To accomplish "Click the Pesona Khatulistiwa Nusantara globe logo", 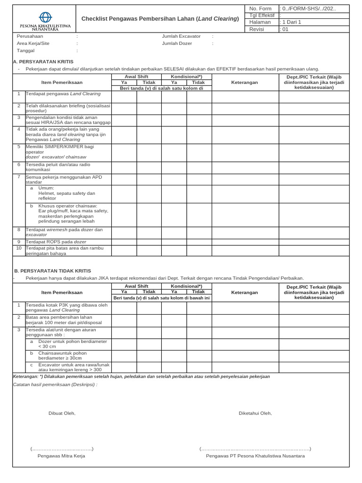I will (x=45, y=17).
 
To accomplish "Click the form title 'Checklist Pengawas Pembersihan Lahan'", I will (x=160, y=19).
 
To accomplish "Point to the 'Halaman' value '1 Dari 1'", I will (x=292, y=22).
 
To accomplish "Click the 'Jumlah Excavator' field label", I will (x=181, y=36).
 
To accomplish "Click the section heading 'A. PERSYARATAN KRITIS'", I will (x=43, y=62).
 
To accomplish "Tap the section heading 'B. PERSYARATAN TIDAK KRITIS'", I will (x=52, y=271).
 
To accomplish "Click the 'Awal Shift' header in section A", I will (x=136, y=76).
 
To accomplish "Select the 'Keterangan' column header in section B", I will (x=245, y=293).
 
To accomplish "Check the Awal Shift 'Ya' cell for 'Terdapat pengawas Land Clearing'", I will (x=124, y=97).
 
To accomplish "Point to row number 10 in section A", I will (x=19, y=248).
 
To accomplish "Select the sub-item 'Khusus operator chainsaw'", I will (x=68, y=206).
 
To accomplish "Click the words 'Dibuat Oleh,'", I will (x=62, y=414).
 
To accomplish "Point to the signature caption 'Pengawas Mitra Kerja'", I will (x=61, y=456).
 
